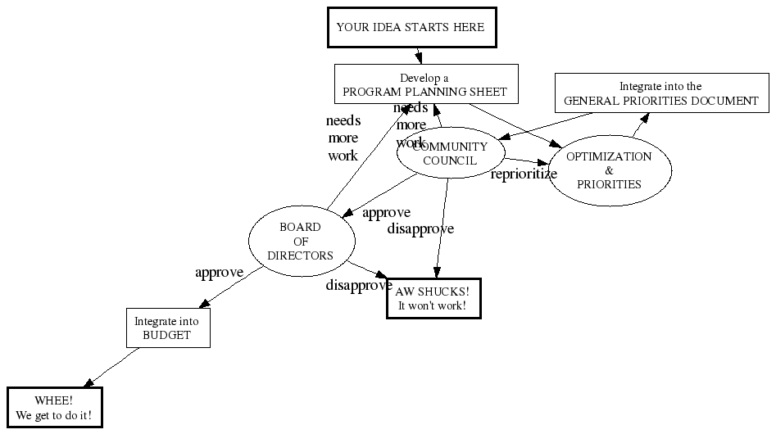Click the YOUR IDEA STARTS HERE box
pyautogui.click(x=411, y=27)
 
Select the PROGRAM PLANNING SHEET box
pyautogui.click(x=426, y=84)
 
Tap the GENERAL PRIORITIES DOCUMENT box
pyautogui.click(x=661, y=93)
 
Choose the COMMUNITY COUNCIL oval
pyautogui.click(x=449, y=153)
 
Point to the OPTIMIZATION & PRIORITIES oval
pyautogui.click(x=609, y=170)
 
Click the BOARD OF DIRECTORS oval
pyautogui.click(x=301, y=241)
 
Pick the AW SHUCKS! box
pyautogui.click(x=433, y=298)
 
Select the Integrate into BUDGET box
pyautogui.click(x=167, y=328)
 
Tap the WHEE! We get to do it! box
pyautogui.click(x=55, y=408)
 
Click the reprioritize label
pyautogui.click(x=524, y=174)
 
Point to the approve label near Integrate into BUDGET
pyautogui.click(x=219, y=272)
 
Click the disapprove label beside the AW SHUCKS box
pyautogui.click(x=358, y=286)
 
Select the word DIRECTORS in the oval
pyautogui.click(x=301, y=255)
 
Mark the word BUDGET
pyautogui.click(x=167, y=335)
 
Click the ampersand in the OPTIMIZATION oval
pyautogui.click(x=609, y=170)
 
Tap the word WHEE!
pyautogui.click(x=54, y=400)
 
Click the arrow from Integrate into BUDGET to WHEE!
pyautogui.click(x=115, y=366)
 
